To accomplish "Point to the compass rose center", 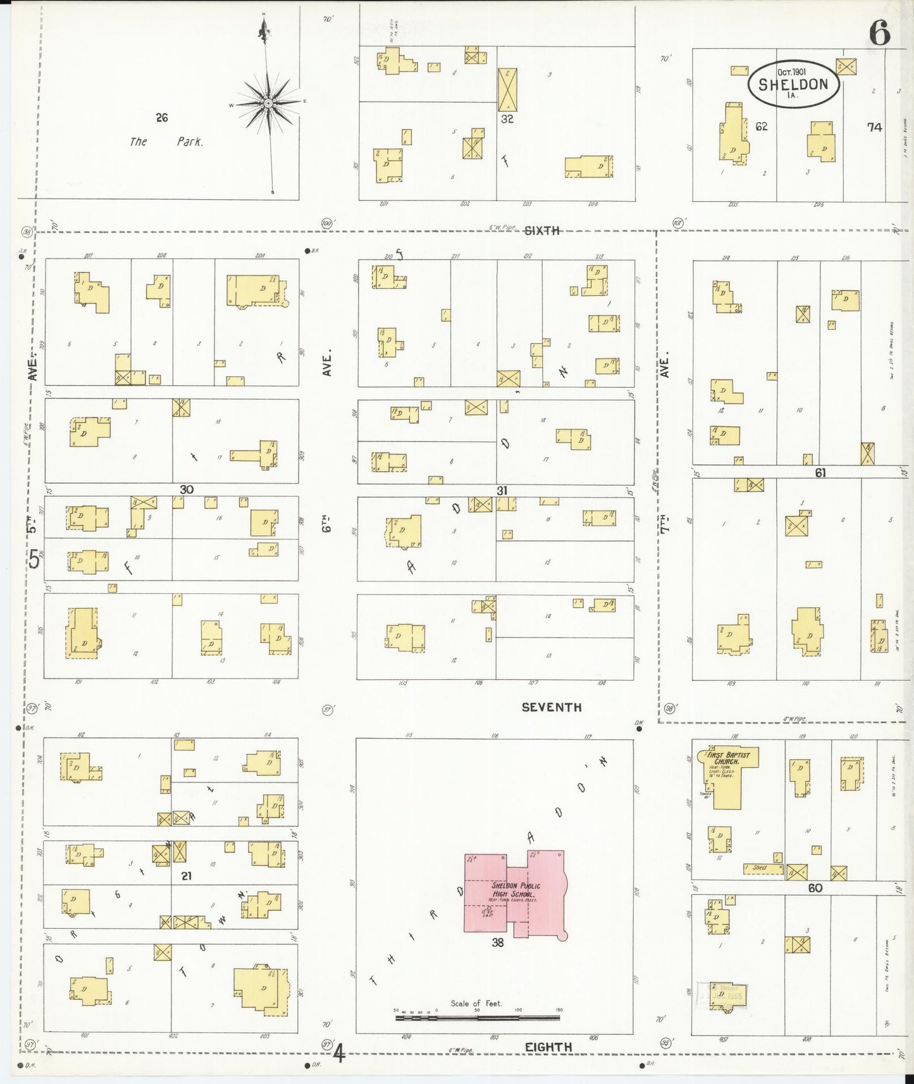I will click(268, 102).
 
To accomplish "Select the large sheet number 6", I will click(879, 33).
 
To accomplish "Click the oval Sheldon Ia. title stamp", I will click(794, 84).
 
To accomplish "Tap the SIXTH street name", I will click(542, 231).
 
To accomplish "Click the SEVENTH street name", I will click(552, 707).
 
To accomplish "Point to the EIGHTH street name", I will click(548, 1047).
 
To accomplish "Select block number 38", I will click(498, 942).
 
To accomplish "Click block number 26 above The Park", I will click(162, 117).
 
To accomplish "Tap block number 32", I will click(507, 118).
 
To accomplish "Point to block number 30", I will click(186, 490).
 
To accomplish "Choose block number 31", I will click(502, 490).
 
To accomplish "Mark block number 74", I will click(874, 127).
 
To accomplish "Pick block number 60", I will click(815, 888).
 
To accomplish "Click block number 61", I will click(820, 472).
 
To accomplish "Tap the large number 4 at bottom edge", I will click(340, 1054).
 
